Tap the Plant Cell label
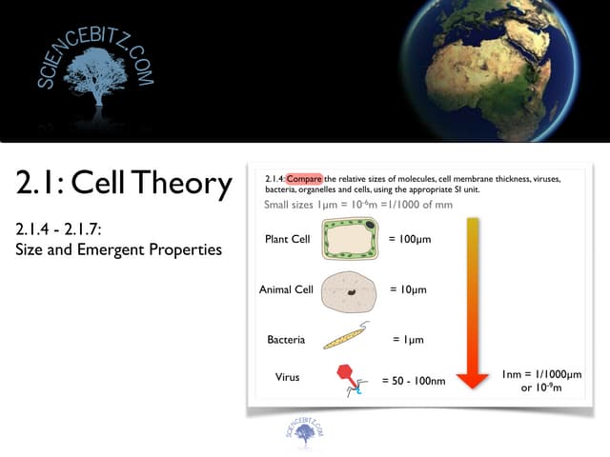pyautogui.click(x=288, y=239)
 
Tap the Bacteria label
pyautogui.click(x=286, y=339)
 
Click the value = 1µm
pyautogui.click(x=408, y=339)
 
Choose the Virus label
pyautogui.click(x=287, y=377)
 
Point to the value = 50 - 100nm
pyautogui.click(x=414, y=381)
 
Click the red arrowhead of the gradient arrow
pyautogui.click(x=473, y=378)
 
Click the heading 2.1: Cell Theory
pyautogui.click(x=124, y=183)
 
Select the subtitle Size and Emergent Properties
pyautogui.click(x=118, y=250)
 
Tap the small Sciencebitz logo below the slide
pyautogui.click(x=304, y=431)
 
